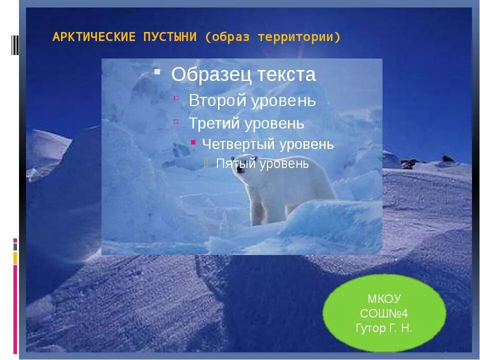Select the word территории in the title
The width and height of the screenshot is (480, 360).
[x=299, y=37]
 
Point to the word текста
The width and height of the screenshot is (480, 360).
[x=286, y=74]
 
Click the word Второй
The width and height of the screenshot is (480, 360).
[x=217, y=100]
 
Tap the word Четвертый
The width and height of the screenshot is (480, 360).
[x=238, y=144]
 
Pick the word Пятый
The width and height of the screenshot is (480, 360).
[x=235, y=163]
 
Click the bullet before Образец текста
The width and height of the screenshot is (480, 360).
[x=157, y=71]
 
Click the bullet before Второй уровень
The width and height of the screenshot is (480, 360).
[x=176, y=98]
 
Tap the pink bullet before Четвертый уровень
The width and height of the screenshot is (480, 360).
[x=193, y=142]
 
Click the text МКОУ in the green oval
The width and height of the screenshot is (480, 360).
[x=384, y=299]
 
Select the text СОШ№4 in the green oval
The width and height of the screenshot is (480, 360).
[x=384, y=314]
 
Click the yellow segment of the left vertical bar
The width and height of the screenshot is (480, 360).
[x=15, y=258]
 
